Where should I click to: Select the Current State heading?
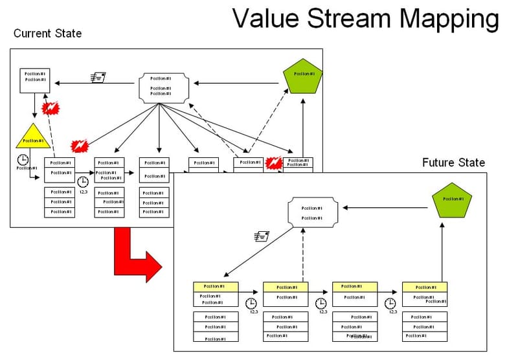click(x=47, y=33)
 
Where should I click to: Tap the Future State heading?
click(x=453, y=163)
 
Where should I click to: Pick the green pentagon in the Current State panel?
click(x=302, y=75)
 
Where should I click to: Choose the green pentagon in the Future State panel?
click(x=452, y=200)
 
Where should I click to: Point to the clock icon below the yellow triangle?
click(x=23, y=159)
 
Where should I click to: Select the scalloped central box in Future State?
click(x=313, y=213)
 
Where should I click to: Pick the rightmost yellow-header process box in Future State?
click(x=425, y=294)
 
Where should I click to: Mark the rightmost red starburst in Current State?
click(x=275, y=162)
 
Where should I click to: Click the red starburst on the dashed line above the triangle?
click(x=50, y=107)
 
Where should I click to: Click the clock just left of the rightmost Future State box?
click(x=390, y=302)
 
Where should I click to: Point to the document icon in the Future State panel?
click(x=261, y=237)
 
